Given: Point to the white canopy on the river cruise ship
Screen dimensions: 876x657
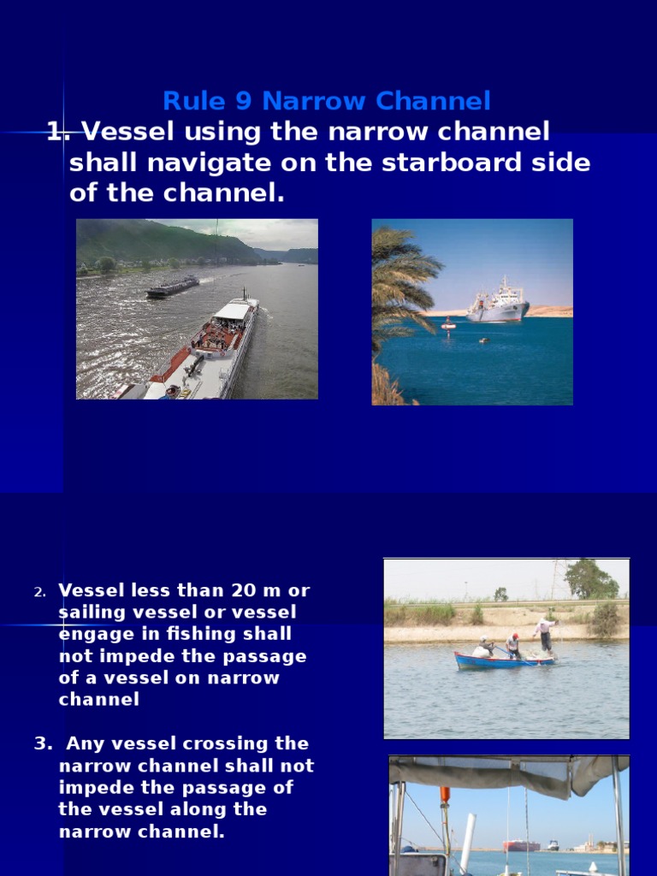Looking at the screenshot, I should tap(233, 310).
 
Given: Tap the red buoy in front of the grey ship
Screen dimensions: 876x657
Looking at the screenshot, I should tap(448, 325).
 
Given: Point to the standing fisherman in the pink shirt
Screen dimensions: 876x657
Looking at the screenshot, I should tap(544, 633).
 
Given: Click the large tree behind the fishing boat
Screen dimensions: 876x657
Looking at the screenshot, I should tap(589, 580).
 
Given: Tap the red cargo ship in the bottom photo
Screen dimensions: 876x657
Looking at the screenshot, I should tap(521, 845).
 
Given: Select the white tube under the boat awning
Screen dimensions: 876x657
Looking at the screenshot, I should tap(467, 842).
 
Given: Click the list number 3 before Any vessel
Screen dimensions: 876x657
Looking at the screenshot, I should tap(39, 744).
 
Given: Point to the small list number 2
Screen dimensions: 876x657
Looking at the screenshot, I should tap(38, 592).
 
